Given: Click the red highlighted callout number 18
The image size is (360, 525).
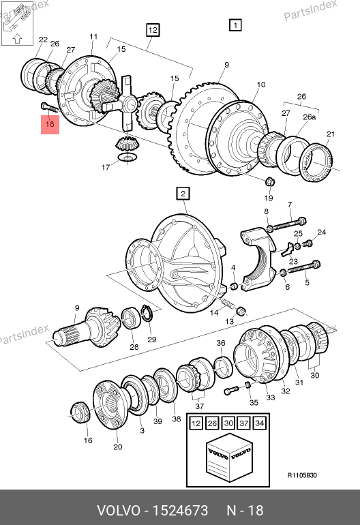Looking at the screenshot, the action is (x=50, y=124).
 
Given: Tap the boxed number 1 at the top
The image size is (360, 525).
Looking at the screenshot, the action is (x=235, y=25).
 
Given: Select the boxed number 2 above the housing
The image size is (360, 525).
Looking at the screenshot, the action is (x=183, y=194).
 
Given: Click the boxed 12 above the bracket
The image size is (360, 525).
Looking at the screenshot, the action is (x=153, y=30).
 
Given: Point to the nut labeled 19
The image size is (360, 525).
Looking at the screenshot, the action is (x=270, y=182).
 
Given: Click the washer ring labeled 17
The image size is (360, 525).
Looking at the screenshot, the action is (x=127, y=157).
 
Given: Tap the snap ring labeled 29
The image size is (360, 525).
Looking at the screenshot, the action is (x=147, y=314).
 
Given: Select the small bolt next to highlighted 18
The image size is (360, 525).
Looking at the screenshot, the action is (x=49, y=107).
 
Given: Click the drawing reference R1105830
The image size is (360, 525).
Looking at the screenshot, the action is (x=302, y=475).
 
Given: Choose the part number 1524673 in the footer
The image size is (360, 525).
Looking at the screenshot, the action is (x=180, y=511).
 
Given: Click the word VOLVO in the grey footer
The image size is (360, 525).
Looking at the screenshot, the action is (x=119, y=511).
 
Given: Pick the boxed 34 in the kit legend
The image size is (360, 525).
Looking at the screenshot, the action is (x=260, y=423).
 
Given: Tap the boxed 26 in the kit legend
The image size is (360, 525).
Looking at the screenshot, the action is (x=212, y=423).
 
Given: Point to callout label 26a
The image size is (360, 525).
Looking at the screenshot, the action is (x=309, y=117).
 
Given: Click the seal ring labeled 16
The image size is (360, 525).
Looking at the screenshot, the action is (x=80, y=412).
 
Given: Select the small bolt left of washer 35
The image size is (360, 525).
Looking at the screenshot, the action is (x=231, y=390).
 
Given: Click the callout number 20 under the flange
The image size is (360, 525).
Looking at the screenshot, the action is (x=118, y=447).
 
